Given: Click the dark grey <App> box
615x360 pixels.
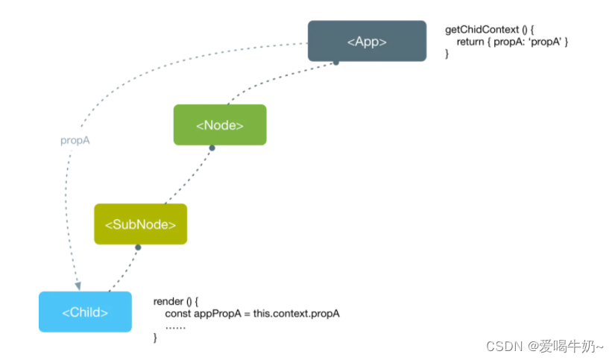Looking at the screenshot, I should point(367,41).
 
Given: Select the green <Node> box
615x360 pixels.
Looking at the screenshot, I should point(220,125).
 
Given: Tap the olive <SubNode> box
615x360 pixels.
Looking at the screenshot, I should point(140,224).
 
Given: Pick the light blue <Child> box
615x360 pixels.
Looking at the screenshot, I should point(85,312).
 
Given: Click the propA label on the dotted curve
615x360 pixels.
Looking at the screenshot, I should point(75,140).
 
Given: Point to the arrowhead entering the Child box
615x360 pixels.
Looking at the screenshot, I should point(78,285).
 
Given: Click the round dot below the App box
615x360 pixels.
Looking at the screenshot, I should point(336,63).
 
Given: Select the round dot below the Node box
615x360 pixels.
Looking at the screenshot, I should point(212,148).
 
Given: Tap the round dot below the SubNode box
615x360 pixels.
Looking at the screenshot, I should point(136,247).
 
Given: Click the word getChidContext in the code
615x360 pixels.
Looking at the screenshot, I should point(481,29).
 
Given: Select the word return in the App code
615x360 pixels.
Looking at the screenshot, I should point(470,42).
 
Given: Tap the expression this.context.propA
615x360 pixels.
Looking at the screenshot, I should point(296,314).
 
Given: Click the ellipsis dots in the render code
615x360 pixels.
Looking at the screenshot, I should point(175,326).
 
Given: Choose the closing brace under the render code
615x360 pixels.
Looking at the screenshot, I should point(156,338).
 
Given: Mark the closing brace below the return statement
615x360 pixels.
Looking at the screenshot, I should point(447,54).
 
